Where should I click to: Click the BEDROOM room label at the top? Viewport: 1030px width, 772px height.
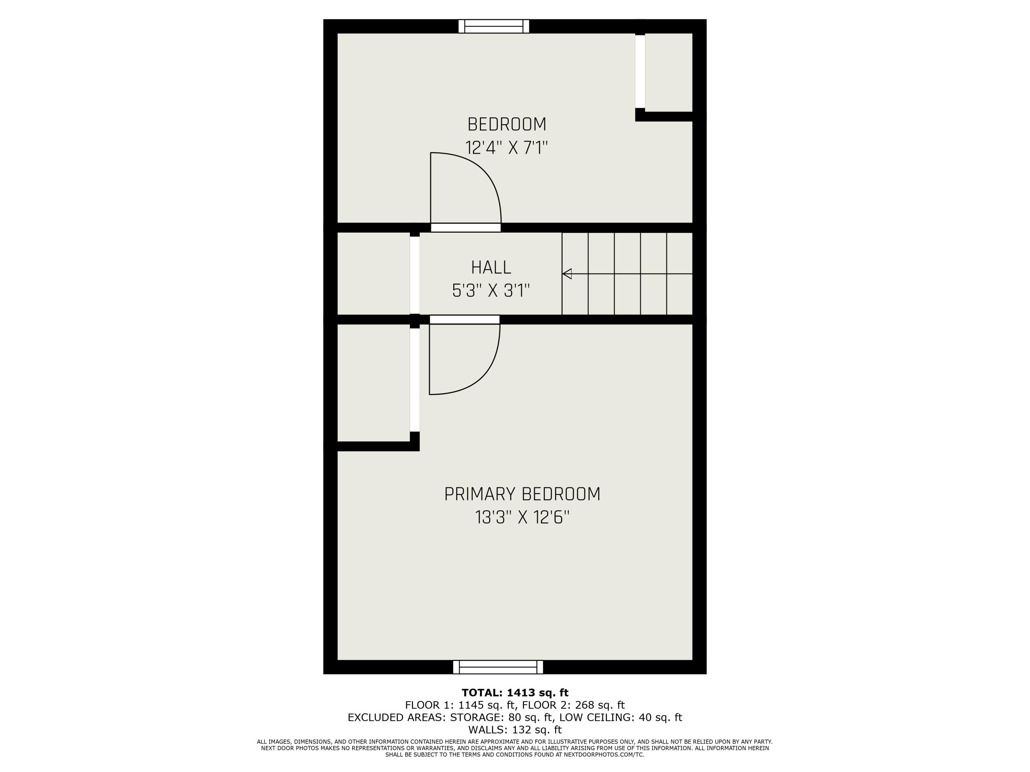(507, 124)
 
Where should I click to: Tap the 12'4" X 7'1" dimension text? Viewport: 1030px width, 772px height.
(507, 148)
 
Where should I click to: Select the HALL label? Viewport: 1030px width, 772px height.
(491, 268)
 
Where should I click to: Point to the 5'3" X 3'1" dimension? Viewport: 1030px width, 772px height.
(491, 291)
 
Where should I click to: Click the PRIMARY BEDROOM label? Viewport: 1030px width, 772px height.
(522, 494)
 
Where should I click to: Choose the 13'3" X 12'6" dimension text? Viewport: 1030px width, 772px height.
(522, 517)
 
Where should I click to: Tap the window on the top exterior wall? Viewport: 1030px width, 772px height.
(494, 26)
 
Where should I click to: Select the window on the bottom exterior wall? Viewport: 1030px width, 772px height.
(498, 667)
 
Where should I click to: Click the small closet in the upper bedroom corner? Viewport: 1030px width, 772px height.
(669, 72)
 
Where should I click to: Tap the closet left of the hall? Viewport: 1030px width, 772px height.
(373, 273)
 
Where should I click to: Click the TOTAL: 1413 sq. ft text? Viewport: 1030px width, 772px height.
(515, 693)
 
